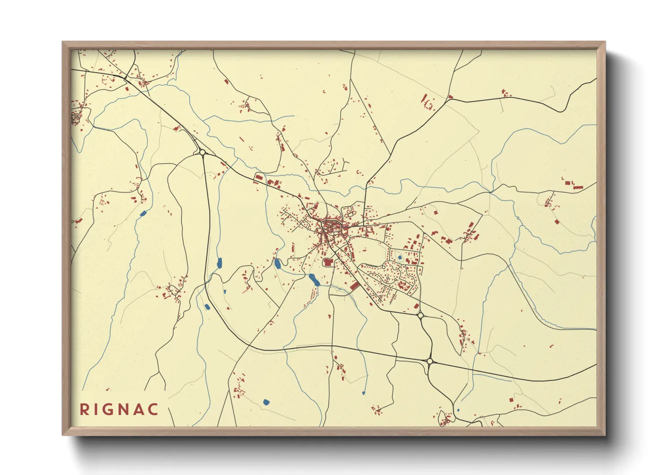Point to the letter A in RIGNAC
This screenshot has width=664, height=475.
click(x=139, y=409)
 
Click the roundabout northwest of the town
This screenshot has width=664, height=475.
click(x=202, y=153)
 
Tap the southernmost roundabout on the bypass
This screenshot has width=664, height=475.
click(x=430, y=361)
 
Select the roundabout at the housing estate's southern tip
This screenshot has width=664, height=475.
click(x=420, y=316)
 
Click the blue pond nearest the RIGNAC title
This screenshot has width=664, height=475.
click(x=266, y=402)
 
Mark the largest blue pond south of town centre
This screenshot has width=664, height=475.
click(x=314, y=280)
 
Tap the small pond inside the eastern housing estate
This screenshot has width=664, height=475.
click(x=399, y=258)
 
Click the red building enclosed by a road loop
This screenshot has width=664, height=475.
click(x=328, y=262)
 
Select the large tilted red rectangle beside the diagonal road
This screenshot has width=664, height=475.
click(x=354, y=286)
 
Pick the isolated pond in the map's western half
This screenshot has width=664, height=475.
click(x=143, y=214)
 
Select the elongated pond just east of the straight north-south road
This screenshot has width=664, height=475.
click(x=219, y=263)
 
